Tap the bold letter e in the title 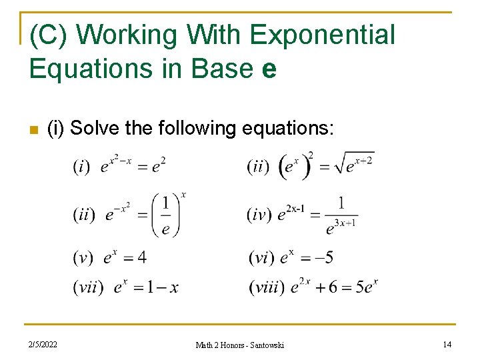point(269,69)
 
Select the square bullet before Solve point(33,129)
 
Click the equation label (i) point(81,167)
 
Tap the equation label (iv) point(259,215)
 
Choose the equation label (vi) point(261,257)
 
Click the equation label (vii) point(89,287)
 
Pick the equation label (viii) point(267,287)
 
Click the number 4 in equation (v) point(141,257)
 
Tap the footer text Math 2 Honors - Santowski point(239,345)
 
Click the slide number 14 point(447,344)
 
